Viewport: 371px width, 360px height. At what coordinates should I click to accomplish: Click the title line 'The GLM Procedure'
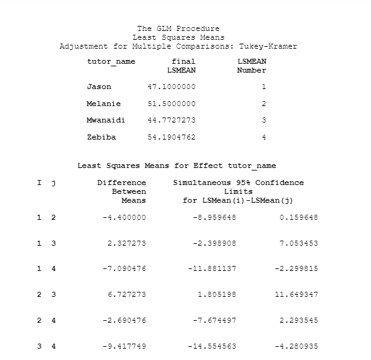[178, 28]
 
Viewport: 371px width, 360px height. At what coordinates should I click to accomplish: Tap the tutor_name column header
[111, 61]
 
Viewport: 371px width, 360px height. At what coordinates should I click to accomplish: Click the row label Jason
[99, 87]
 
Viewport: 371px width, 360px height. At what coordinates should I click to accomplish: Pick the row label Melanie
[104, 104]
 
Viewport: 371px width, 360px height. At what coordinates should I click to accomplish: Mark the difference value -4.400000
[124, 217]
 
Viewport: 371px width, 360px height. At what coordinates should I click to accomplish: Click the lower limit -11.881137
[212, 268]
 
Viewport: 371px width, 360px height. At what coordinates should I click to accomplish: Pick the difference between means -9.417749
[124, 346]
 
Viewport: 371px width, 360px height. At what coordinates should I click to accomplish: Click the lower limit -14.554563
[212, 346]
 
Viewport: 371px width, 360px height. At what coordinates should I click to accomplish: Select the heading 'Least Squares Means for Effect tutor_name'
[176, 166]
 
